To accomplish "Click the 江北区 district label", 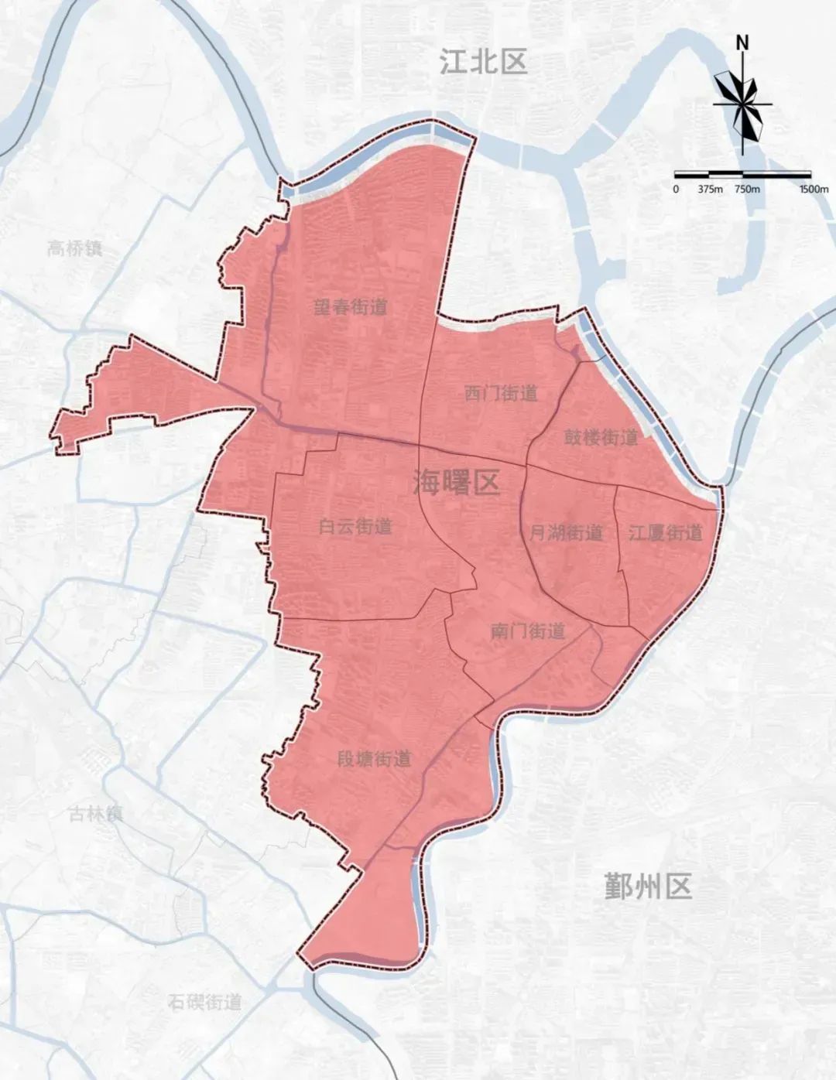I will pyautogui.click(x=483, y=61).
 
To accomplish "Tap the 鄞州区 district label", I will pyautogui.click(x=648, y=886).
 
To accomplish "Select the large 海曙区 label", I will pyautogui.click(x=456, y=483).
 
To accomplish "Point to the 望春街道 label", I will pyautogui.click(x=351, y=307).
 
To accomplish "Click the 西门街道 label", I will pyautogui.click(x=501, y=393).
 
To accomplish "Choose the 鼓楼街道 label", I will pyautogui.click(x=601, y=437).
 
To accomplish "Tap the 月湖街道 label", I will pyautogui.click(x=566, y=533).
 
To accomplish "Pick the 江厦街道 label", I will pyautogui.click(x=665, y=533).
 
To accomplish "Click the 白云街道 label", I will pyautogui.click(x=356, y=527).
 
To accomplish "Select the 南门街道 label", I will pyautogui.click(x=528, y=631).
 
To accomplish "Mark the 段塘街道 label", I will pyautogui.click(x=375, y=759).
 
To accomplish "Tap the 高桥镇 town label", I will pyautogui.click(x=74, y=248).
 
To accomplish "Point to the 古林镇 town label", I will pyautogui.click(x=95, y=814).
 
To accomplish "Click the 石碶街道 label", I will pyautogui.click(x=205, y=1003).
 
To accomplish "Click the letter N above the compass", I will pyautogui.click(x=742, y=43).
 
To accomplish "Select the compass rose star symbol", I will pyautogui.click(x=742, y=104).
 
